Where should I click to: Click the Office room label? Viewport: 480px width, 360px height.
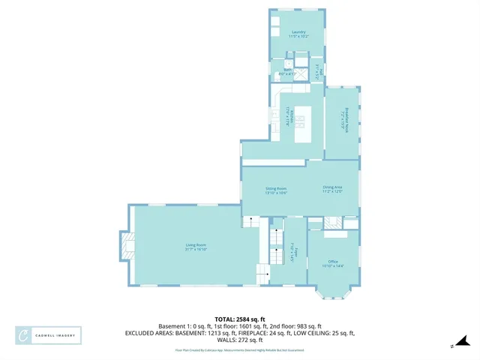332,262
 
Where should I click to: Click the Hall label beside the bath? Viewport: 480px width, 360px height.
318,71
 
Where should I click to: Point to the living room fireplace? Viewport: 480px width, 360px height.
127,245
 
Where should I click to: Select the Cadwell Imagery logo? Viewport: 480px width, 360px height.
49,335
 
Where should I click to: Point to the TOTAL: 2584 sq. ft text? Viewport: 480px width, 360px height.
239,318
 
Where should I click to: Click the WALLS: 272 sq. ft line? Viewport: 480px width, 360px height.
239,340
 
